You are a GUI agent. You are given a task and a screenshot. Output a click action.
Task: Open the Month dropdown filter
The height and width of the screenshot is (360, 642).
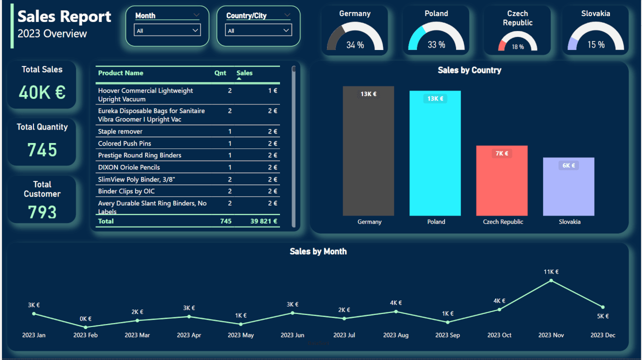167,30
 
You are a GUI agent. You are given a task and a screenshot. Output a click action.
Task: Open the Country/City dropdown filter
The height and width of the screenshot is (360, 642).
258,30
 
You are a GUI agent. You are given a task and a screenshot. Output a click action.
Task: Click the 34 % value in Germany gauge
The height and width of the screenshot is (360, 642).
355,45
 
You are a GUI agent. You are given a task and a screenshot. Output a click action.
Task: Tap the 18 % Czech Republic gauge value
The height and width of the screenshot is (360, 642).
517,46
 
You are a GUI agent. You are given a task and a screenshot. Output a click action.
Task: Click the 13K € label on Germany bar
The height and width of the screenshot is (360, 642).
368,94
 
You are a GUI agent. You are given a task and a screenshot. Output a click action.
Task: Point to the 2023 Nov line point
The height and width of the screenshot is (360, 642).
551,280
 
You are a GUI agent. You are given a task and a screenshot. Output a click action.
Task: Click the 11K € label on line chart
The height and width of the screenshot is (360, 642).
551,272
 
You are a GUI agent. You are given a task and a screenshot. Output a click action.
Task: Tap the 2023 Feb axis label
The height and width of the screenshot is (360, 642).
85,335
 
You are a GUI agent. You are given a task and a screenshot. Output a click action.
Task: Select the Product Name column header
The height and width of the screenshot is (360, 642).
120,73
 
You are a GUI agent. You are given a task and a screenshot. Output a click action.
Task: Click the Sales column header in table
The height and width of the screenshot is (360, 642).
244,73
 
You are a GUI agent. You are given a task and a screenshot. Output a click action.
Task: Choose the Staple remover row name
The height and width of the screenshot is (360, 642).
120,131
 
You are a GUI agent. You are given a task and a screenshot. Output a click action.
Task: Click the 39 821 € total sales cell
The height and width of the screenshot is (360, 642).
263,221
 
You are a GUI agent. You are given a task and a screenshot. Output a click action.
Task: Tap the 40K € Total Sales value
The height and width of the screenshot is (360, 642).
42,92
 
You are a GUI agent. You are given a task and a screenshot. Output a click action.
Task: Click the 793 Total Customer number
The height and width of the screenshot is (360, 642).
42,212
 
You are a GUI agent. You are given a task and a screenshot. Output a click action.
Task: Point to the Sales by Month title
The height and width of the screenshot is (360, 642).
318,251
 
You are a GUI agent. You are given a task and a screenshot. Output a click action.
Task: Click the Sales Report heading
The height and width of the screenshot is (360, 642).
64,16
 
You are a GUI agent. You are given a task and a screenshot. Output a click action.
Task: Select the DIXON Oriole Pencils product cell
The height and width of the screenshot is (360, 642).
129,167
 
